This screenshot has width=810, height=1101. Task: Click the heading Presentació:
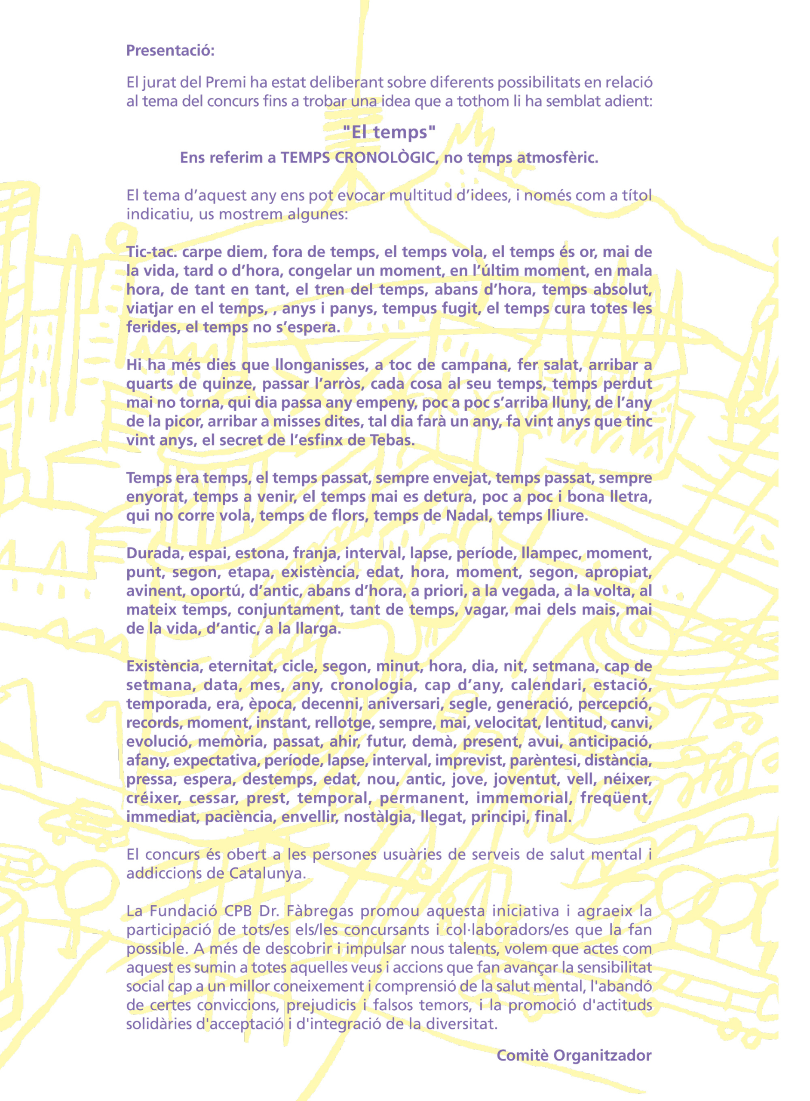(170, 50)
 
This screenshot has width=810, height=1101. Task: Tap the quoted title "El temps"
(389, 132)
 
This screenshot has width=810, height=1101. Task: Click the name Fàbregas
(320, 911)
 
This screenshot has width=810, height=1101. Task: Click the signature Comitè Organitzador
(574, 1055)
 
